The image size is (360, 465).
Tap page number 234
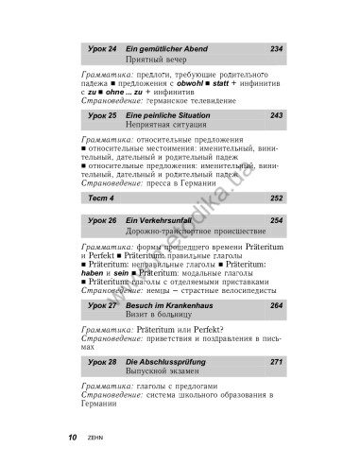[x=276, y=48]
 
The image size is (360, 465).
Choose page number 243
[x=276, y=115]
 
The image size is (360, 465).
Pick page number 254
[x=276, y=220]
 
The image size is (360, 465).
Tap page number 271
[x=276, y=362]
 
